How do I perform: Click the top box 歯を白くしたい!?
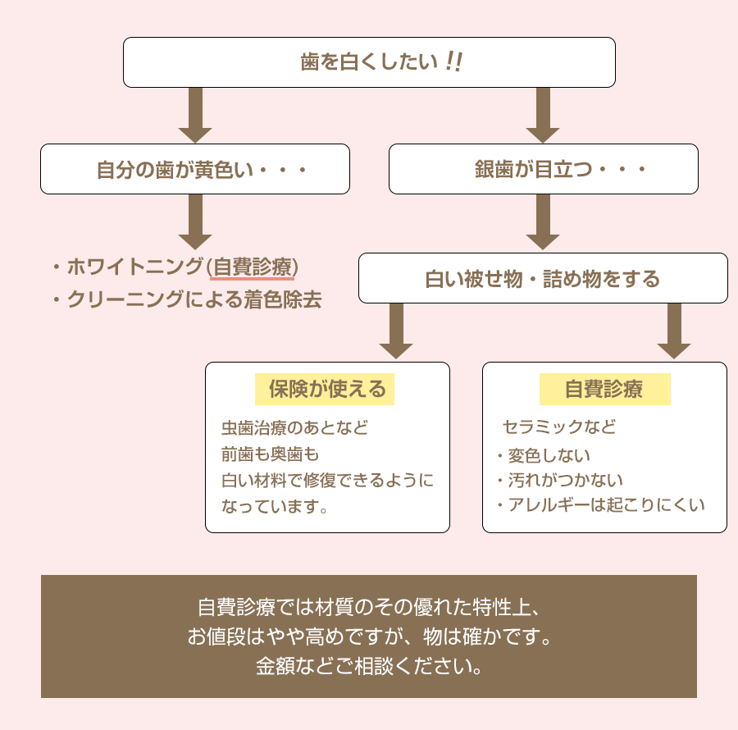pyautogui.click(x=369, y=62)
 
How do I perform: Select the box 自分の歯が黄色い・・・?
pyautogui.click(x=195, y=170)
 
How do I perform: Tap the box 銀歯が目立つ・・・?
pyautogui.click(x=543, y=170)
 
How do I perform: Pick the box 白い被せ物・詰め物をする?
pyautogui.click(x=543, y=279)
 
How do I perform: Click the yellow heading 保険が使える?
pyautogui.click(x=326, y=389)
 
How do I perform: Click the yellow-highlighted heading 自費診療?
pyautogui.click(x=604, y=389)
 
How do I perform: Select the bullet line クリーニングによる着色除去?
pyautogui.click(x=193, y=300)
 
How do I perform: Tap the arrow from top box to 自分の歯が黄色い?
pyautogui.click(x=195, y=115)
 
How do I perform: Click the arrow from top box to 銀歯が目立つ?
pyautogui.click(x=543, y=115)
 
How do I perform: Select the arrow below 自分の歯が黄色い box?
pyautogui.click(x=195, y=221)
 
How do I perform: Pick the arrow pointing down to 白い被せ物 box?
pyautogui.click(x=543, y=221)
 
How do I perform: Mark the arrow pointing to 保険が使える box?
pyautogui.click(x=396, y=331)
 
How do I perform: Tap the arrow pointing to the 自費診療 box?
pyautogui.click(x=674, y=331)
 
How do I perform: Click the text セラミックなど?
pyautogui.click(x=558, y=427)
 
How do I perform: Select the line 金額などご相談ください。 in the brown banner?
pyautogui.click(x=369, y=665)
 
